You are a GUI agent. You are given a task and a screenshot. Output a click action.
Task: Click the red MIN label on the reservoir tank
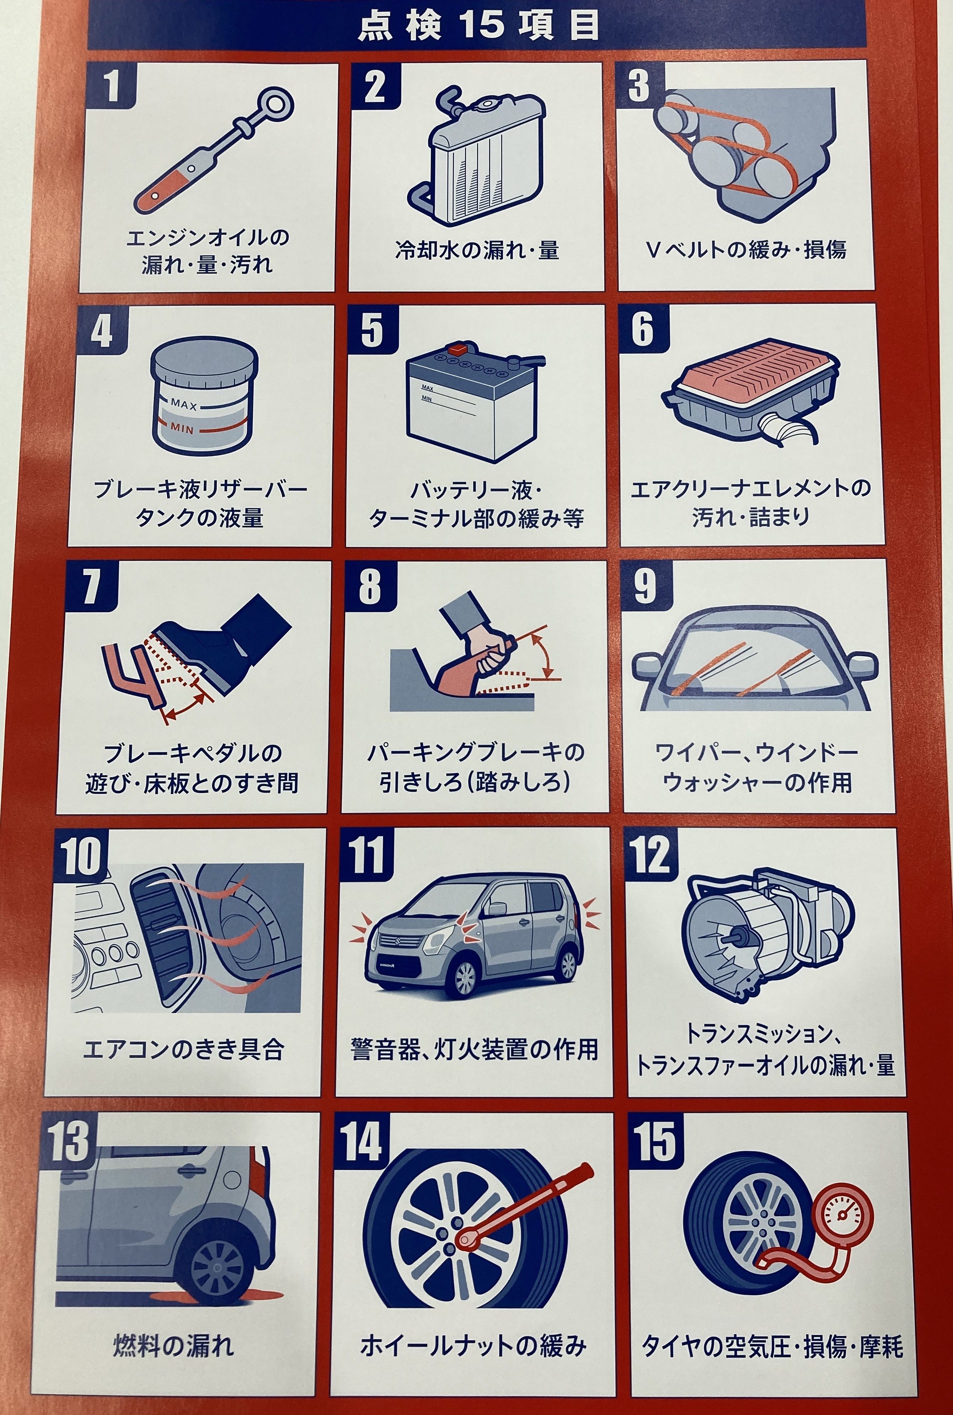(x=182, y=428)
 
